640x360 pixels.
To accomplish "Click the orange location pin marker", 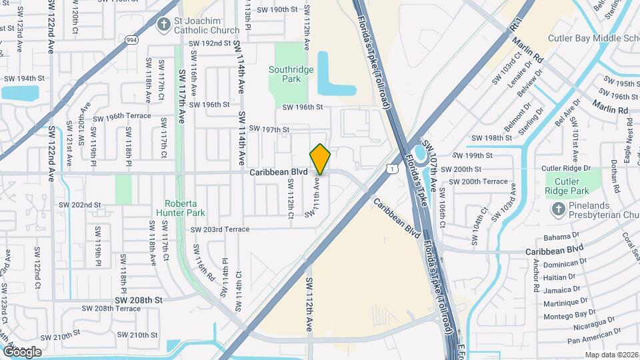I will pos(320,159).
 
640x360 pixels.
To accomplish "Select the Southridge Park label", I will pos(285,74).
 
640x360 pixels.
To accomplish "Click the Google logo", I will pos(21,351).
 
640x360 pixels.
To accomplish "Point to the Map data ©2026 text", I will pos(611,355).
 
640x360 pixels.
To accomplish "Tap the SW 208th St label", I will pos(138,300).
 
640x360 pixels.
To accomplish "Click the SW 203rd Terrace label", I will pos(220,229).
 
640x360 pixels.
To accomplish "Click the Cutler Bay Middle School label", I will pos(593,39).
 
